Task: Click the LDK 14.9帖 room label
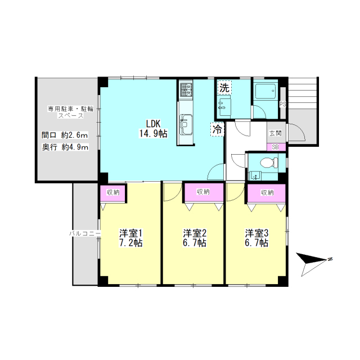point(154,129)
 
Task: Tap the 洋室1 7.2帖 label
point(130,238)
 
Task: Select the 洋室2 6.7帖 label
point(195,238)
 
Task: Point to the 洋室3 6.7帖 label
point(256,238)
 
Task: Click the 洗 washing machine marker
point(224,88)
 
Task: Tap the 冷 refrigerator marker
point(217,129)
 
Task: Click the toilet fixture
point(269,163)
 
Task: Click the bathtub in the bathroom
point(265,91)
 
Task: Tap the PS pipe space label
point(283,104)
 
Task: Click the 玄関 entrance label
point(275,133)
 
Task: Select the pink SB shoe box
point(276,147)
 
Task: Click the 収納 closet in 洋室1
point(113,193)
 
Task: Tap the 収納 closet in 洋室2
point(203,192)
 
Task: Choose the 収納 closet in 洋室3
point(267,193)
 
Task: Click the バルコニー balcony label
point(85,234)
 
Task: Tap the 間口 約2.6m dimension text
point(65,135)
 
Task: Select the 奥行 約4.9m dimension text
point(65,147)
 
